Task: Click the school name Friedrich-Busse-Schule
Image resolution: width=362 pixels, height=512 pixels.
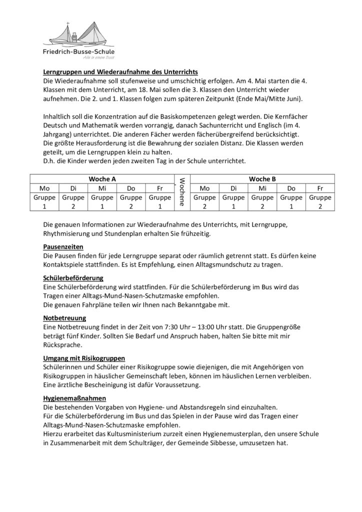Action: pos(78,52)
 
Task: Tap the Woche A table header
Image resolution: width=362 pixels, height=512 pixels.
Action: pos(102,178)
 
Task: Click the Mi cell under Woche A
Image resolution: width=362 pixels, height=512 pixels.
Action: pos(102,188)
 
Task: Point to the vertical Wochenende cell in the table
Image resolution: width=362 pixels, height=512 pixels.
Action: pos(182,192)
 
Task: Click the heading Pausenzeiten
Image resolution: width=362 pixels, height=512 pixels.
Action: pos(63,246)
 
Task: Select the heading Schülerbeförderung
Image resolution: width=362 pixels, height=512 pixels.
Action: pos(74,277)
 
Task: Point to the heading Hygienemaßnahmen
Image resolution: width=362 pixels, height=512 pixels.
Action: pos(74,397)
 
